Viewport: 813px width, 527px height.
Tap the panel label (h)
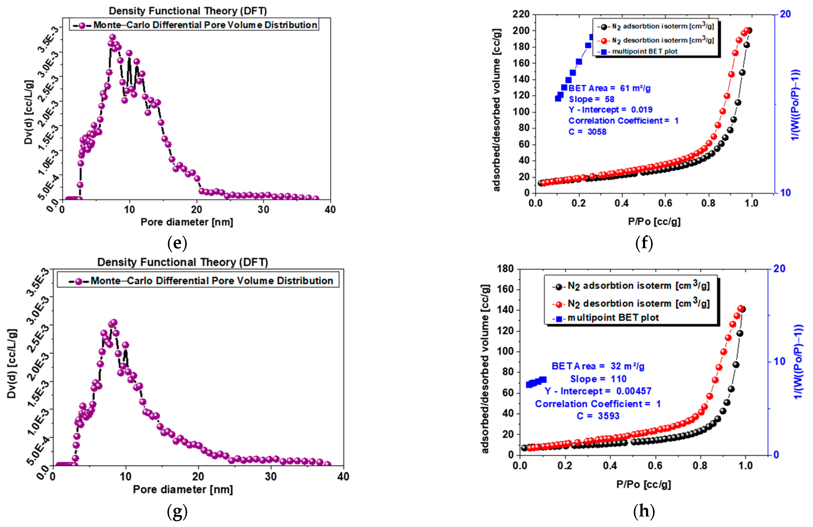(x=644, y=511)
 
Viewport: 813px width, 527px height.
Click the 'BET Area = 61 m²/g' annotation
(x=609, y=88)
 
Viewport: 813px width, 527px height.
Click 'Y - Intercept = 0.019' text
(x=610, y=110)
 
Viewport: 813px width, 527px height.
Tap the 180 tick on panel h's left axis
(x=506, y=269)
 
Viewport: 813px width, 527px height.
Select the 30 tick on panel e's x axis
(x=263, y=210)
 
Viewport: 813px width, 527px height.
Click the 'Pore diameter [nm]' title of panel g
(x=183, y=490)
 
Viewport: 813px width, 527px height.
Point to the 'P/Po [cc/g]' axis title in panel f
(x=654, y=222)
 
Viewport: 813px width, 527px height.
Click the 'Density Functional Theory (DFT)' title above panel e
(x=188, y=11)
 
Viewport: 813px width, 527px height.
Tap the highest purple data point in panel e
(x=112, y=37)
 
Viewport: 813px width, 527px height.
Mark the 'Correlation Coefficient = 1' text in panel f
(x=623, y=121)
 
